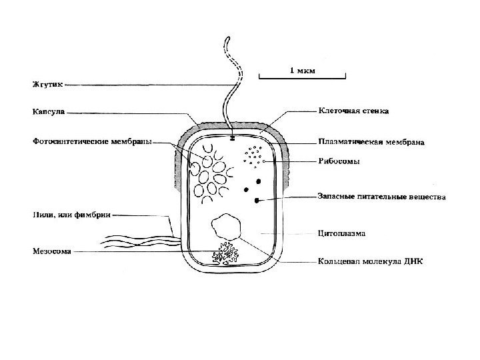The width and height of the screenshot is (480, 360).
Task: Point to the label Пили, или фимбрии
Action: [x=71, y=215]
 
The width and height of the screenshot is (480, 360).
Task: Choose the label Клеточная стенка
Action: [x=353, y=111]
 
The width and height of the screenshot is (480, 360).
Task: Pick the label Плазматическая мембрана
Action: [x=371, y=142]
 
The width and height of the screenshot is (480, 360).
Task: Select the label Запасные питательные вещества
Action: [x=379, y=197]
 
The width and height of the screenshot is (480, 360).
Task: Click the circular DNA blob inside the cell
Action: [x=226, y=227]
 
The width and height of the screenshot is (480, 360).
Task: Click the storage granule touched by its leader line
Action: [x=257, y=199]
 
